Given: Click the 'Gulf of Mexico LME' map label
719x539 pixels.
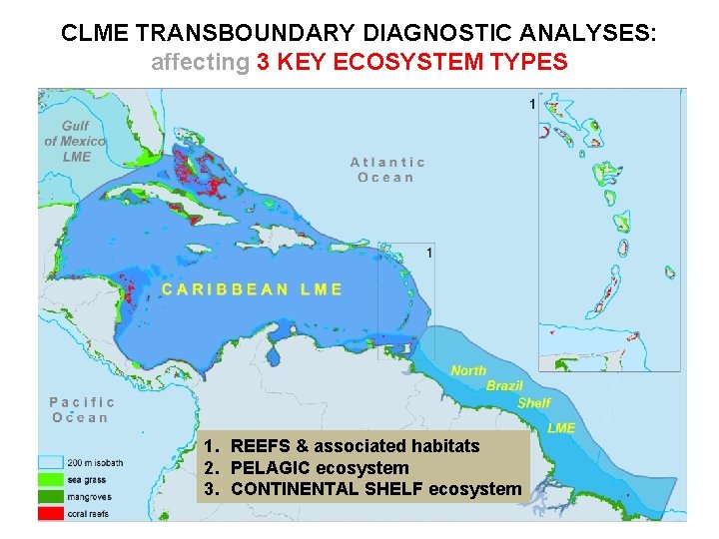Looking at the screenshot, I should pos(76,141).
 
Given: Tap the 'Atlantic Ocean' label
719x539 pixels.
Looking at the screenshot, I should pos(387,169).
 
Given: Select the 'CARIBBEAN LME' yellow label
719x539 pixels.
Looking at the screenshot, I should pos(253,289).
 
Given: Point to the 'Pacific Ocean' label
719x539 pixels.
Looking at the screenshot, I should pos(82,409).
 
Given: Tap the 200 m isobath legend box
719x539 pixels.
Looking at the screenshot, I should pos(51,462).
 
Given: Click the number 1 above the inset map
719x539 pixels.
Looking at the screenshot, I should pos(532,104).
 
